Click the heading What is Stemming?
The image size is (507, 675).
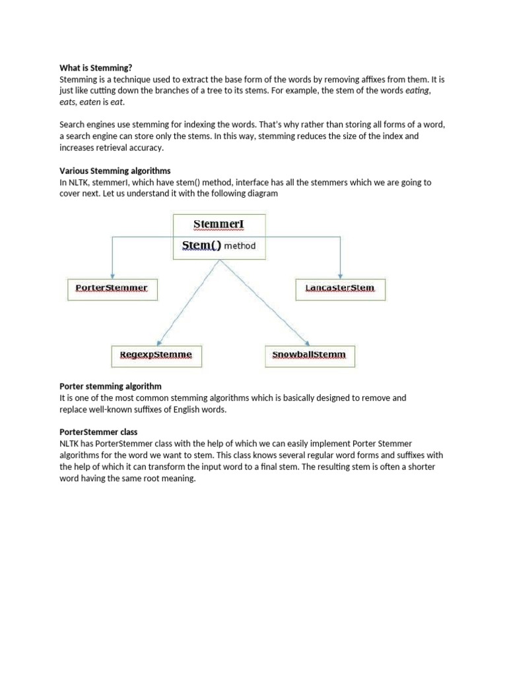tap(96, 67)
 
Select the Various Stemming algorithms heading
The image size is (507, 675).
tap(115, 171)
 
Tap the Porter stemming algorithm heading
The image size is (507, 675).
tap(110, 386)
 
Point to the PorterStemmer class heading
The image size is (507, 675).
tap(98, 432)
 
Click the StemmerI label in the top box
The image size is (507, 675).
tap(219, 224)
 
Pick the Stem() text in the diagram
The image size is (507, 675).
tap(201, 246)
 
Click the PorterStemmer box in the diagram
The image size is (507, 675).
tap(112, 289)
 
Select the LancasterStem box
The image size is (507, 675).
tap(340, 289)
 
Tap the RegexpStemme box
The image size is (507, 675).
tap(156, 355)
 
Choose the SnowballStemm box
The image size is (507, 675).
tap(309, 355)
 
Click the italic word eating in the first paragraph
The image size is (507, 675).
tap(417, 90)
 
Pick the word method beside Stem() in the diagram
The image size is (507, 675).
tap(240, 247)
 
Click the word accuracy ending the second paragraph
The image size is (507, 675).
tap(145, 148)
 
